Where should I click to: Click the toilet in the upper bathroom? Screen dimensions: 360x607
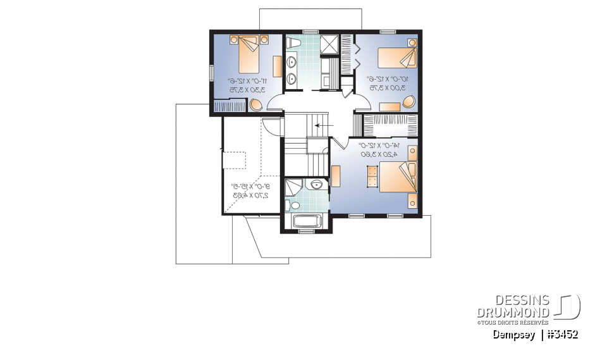tap(293, 42)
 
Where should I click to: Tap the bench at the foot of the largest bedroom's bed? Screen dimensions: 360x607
tap(371, 177)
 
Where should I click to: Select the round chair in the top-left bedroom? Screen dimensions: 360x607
tap(256, 104)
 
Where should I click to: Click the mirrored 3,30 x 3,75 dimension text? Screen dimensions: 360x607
tap(247, 89)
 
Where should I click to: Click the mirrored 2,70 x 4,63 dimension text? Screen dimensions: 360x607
tap(248, 196)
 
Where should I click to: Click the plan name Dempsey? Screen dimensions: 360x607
tap(514, 335)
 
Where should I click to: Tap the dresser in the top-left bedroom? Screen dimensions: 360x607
tap(277, 66)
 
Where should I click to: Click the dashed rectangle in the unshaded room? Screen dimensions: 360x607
tap(233, 160)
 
